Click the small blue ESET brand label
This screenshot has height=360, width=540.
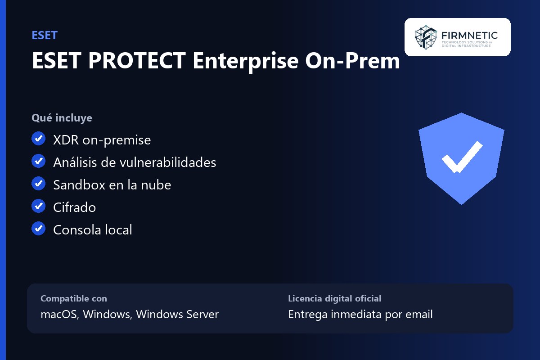45,36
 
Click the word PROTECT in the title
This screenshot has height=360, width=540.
137,60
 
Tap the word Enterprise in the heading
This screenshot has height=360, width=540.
246,61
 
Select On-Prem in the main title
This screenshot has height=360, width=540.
352,60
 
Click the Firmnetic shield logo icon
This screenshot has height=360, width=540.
426,37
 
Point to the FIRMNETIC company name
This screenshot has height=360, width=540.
469,36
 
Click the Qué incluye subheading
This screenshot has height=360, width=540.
62,118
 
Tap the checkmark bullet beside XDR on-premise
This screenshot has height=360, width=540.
39,139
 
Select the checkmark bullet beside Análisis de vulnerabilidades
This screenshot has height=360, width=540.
39,161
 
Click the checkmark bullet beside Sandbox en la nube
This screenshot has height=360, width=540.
39,183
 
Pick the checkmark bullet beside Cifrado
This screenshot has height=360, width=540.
39,206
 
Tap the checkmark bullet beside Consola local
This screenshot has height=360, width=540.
39,228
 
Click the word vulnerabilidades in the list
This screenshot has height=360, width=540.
168,162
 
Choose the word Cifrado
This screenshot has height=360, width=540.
75,207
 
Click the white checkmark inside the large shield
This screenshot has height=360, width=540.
462,157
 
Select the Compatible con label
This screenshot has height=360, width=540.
74,298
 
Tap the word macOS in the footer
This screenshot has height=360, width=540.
60,315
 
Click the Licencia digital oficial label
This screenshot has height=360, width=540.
335,298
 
